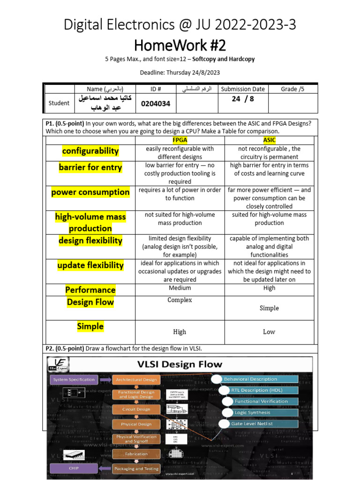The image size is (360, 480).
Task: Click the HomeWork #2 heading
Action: click(180, 45)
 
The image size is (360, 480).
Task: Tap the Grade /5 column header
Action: click(292, 89)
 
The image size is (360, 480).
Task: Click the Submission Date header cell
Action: click(243, 89)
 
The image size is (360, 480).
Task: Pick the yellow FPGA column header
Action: click(180, 140)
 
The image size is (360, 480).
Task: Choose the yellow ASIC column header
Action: click(269, 140)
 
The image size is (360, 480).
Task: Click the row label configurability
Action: click(90, 151)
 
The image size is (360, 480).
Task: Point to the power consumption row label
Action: click(90, 192)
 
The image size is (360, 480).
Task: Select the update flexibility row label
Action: click(90, 265)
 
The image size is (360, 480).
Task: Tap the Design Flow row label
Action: click(90, 302)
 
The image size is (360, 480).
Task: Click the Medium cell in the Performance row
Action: click(180, 288)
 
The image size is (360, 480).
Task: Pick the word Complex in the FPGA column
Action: click(180, 300)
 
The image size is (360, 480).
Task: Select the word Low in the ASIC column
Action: click(269, 332)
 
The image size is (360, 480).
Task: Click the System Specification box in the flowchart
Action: click(74, 379)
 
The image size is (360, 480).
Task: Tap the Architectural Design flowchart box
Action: click(136, 380)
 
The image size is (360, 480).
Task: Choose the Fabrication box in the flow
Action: click(136, 454)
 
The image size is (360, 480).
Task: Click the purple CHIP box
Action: click(74, 468)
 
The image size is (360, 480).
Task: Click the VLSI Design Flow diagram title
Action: click(180, 364)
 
